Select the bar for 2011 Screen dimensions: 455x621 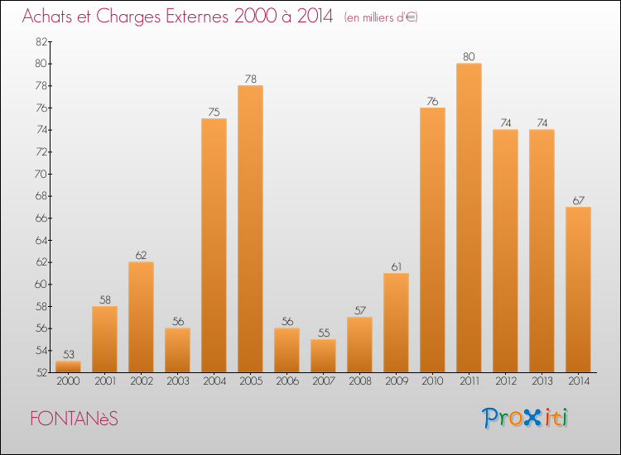[x=469, y=218]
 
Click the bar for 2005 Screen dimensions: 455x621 [x=250, y=228]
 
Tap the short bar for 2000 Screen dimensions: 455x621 [x=68, y=366]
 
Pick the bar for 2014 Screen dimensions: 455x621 [x=578, y=290]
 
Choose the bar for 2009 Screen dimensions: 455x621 [x=396, y=323]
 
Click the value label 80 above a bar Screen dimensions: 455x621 [x=469, y=57]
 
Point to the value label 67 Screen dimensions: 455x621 [x=578, y=200]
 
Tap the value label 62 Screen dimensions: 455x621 [x=141, y=256]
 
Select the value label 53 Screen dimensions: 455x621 [x=68, y=355]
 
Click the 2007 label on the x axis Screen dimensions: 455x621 [x=323, y=382]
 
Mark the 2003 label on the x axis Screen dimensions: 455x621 [x=177, y=382]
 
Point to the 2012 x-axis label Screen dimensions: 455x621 [x=505, y=382]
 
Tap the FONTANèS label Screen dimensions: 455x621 [x=74, y=419]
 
